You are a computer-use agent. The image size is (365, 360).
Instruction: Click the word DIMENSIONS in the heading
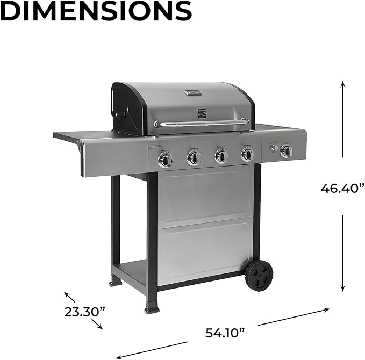[x=96, y=11]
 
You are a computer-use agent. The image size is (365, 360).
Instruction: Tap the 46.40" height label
[x=342, y=188]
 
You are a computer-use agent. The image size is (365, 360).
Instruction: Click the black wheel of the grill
[x=259, y=275]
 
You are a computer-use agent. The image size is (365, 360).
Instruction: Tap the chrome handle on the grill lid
[x=202, y=123]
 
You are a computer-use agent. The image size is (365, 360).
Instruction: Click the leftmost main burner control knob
[x=165, y=159]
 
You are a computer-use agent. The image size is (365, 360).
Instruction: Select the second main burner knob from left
[x=194, y=157]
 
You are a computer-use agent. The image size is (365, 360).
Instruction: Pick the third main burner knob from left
[x=221, y=156]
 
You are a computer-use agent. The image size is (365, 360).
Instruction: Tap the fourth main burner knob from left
[x=247, y=155]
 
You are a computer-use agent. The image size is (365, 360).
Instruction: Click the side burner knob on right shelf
[x=285, y=151]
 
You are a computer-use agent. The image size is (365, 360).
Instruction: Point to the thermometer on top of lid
[x=193, y=92]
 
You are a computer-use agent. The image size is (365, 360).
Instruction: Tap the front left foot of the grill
[x=152, y=309]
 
